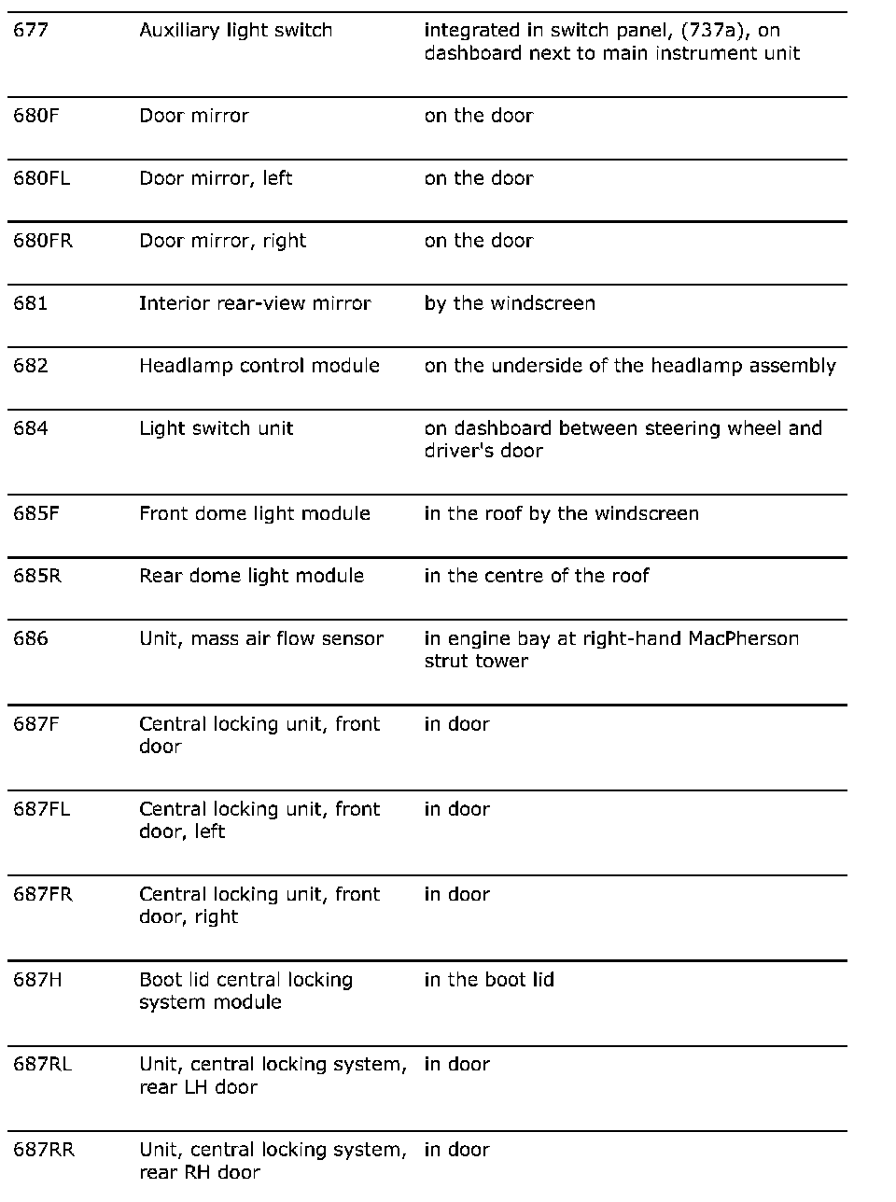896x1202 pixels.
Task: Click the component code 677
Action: tap(31, 31)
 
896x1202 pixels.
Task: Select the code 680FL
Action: tap(42, 178)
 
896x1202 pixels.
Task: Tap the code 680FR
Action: tap(43, 241)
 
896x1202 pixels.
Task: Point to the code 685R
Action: tap(37, 576)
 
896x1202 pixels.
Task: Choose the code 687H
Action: tap(37, 980)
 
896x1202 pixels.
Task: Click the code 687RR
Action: tap(44, 1150)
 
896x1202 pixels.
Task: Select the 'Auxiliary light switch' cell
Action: tap(235, 31)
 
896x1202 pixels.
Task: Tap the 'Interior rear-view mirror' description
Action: tap(255, 303)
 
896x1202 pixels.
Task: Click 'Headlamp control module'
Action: tap(259, 366)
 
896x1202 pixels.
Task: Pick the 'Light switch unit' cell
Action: tap(217, 428)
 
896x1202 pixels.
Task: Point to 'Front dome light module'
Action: tap(255, 513)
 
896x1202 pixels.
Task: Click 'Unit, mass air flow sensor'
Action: tap(261, 638)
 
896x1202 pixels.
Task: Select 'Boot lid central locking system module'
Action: tap(246, 991)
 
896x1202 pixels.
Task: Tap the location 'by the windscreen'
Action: tap(510, 303)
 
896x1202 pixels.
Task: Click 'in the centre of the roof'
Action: tap(537, 576)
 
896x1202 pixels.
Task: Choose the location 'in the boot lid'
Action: tap(489, 980)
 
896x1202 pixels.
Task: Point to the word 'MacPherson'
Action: tap(743, 638)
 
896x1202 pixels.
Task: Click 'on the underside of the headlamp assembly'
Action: tap(630, 366)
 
